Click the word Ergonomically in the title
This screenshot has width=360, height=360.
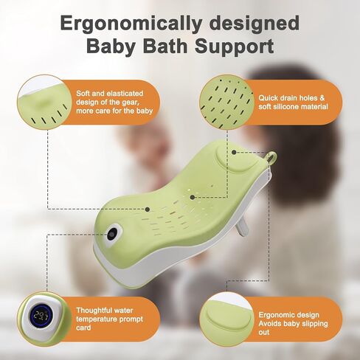tap(131, 24)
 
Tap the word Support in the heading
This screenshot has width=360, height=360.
tap(235, 46)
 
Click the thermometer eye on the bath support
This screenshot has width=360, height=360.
tap(113, 232)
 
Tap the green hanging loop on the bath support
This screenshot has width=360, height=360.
tap(271, 157)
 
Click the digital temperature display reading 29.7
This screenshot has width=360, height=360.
tap(41, 316)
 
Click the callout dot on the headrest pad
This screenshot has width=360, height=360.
tap(234, 153)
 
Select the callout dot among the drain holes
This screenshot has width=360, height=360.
tap(193, 197)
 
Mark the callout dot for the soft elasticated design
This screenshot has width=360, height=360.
tap(148, 210)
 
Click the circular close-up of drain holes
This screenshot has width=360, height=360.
tap(226, 103)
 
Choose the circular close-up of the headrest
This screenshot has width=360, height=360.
tap(226, 319)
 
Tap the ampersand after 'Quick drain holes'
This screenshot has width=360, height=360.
tap(322, 98)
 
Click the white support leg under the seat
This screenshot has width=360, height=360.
tap(243, 228)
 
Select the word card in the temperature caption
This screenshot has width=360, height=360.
tap(83, 328)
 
